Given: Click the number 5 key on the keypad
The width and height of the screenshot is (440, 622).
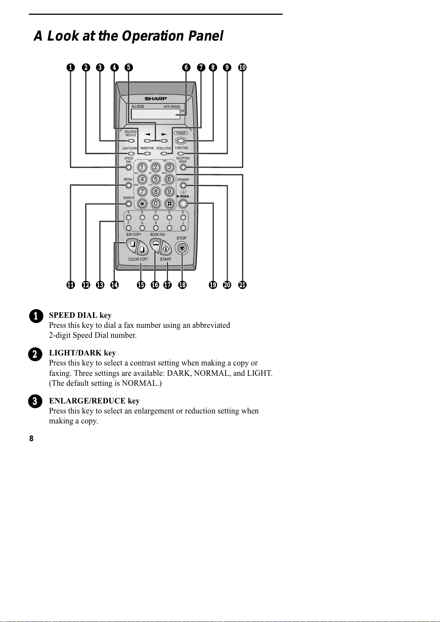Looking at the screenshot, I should [156, 179].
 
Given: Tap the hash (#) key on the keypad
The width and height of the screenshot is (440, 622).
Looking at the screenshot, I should [169, 203].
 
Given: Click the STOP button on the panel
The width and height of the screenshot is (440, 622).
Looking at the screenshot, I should [182, 248].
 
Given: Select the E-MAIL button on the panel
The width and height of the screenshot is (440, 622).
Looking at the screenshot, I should [183, 203].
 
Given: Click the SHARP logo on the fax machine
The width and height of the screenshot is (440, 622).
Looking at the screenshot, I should [156, 99].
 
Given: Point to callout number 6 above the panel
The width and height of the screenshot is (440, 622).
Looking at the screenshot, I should [186, 67].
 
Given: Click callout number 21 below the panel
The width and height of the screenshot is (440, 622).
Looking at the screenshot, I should [242, 285].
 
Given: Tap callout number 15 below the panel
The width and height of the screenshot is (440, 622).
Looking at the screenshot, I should [141, 285].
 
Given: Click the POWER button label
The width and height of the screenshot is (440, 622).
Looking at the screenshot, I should [181, 133].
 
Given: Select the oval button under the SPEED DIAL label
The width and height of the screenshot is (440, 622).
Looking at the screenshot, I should [128, 167].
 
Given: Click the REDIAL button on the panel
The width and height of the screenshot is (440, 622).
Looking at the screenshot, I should [128, 185].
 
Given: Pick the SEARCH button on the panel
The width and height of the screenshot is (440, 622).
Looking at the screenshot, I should [128, 203].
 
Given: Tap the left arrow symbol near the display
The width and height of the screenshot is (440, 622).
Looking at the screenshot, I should [147, 134].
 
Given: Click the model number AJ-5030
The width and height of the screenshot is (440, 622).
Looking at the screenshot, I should [138, 107].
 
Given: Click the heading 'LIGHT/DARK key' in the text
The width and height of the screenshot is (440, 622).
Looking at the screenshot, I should [82, 353].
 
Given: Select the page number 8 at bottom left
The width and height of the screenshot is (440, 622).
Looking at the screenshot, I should [31, 439].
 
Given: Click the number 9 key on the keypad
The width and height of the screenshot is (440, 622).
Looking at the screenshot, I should [169, 192].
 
